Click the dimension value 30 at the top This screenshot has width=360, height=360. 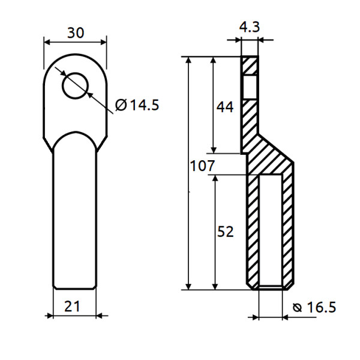(x=75, y=32)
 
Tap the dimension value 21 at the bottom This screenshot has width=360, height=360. (x=72, y=306)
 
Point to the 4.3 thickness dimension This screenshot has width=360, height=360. (x=249, y=27)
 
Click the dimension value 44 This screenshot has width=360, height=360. (x=225, y=107)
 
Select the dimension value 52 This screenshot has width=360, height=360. (x=225, y=232)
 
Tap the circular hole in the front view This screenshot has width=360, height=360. (x=75, y=85)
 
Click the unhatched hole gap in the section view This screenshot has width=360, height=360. (x=250, y=88)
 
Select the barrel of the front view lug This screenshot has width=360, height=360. (x=75, y=216)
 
